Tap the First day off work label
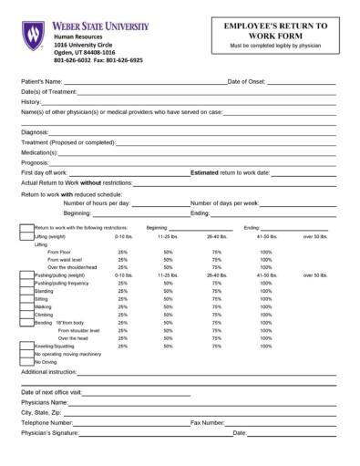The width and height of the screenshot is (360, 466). [x=44, y=172]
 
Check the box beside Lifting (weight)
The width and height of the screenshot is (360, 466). [x=26, y=236]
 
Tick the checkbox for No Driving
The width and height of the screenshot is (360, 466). [x=26, y=362]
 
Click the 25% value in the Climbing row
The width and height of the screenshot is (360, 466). [x=122, y=315]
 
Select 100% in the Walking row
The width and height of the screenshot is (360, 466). [x=265, y=306]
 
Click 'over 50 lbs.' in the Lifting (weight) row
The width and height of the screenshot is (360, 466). [x=315, y=236]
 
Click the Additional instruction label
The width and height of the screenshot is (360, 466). [x=48, y=373]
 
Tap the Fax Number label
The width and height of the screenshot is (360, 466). [x=207, y=423]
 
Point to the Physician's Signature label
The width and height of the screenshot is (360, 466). [x=50, y=433]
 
